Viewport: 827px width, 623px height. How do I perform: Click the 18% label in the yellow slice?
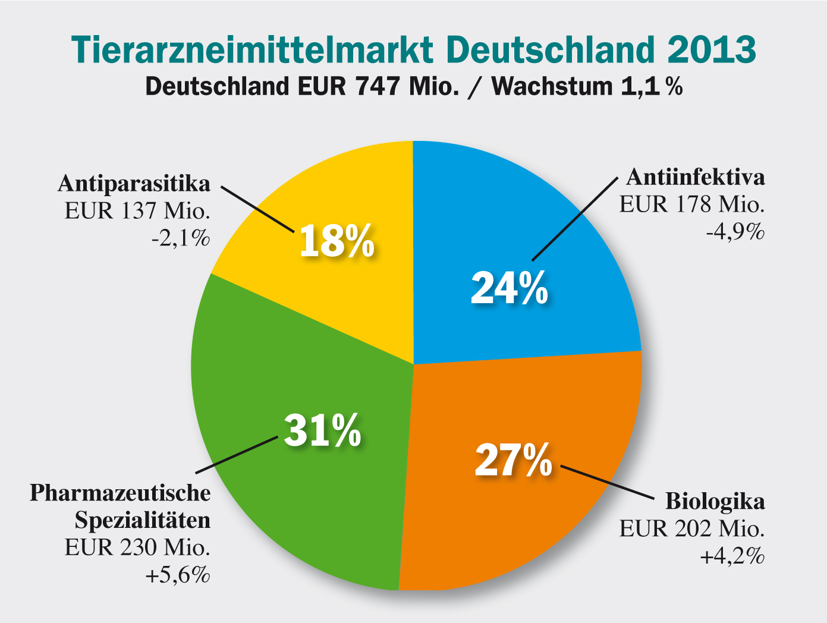[x=337, y=241]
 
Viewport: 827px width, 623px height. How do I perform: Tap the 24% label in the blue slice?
[x=510, y=288]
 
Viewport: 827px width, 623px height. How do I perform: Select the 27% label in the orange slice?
[x=514, y=460]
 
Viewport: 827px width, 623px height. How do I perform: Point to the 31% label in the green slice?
[x=323, y=430]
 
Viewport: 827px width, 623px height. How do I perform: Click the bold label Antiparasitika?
[x=134, y=184]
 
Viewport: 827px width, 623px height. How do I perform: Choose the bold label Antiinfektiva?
[x=696, y=177]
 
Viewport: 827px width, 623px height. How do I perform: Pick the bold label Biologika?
[x=715, y=501]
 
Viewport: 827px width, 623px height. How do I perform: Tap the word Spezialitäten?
[x=143, y=520]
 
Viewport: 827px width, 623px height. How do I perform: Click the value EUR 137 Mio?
[x=137, y=211]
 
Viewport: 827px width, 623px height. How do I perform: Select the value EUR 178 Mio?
[x=692, y=204]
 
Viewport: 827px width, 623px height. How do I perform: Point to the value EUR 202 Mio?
[x=692, y=528]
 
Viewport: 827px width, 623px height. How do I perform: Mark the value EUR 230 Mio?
[x=137, y=548]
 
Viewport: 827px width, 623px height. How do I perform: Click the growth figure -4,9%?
[x=735, y=232]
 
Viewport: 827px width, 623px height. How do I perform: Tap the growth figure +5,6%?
[x=178, y=575]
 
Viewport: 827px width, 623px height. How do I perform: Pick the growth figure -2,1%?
[x=181, y=238]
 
